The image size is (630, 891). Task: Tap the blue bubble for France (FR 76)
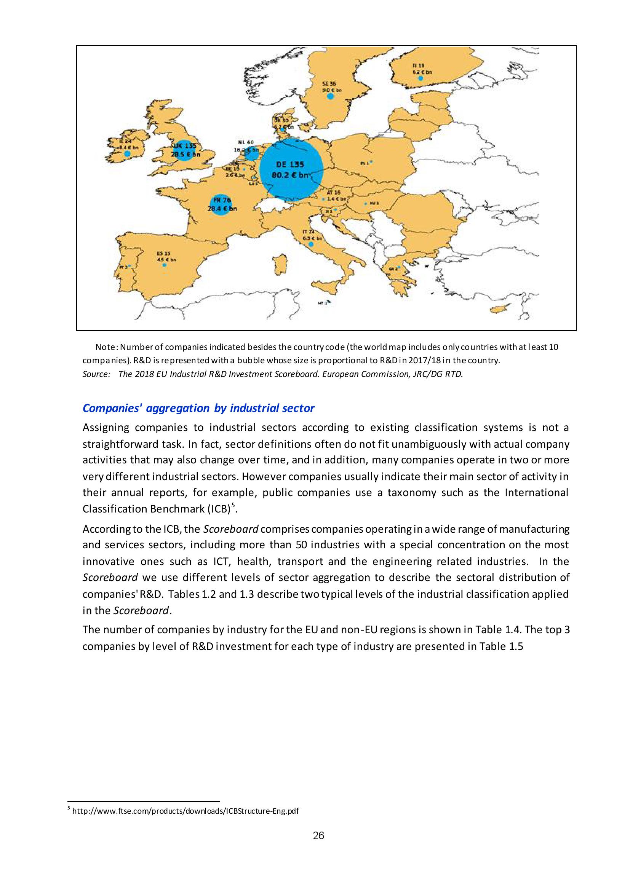tap(221, 204)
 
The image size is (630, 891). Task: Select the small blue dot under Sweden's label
tap(330, 96)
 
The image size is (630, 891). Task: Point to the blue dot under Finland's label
tap(420, 78)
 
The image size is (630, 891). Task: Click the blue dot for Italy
tap(310, 244)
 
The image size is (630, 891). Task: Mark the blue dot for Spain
tap(164, 265)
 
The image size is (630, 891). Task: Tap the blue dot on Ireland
tap(127, 154)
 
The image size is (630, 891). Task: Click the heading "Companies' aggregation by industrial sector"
tap(198, 408)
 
